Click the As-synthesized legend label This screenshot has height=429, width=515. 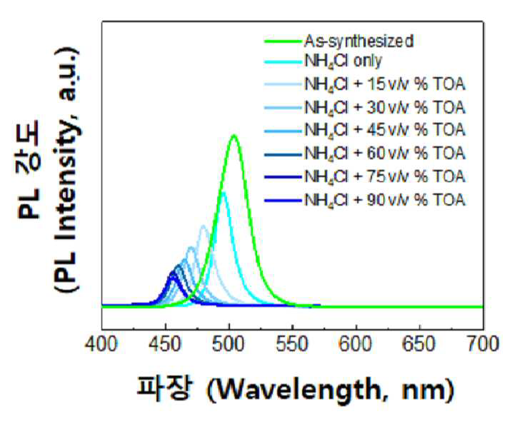point(359,41)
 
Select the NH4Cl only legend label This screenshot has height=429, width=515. point(344,61)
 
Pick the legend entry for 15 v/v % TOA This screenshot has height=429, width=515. point(385,84)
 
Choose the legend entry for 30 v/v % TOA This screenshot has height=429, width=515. point(385,108)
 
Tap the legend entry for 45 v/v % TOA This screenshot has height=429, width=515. point(385,130)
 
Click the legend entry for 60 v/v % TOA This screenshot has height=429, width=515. point(385,153)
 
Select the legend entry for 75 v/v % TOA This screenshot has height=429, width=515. point(385,176)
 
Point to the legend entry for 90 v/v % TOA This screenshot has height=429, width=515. point(385,200)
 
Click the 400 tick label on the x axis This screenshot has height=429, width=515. point(101,345)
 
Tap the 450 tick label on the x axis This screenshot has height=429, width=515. point(165,345)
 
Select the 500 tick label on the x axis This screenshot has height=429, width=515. point(229,345)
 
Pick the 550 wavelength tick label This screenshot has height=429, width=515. point(292,345)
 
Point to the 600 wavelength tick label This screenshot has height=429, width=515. point(356,345)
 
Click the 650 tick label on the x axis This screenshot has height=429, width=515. point(420,345)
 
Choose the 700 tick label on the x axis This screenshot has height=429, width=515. point(483,345)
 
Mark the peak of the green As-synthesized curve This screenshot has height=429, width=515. point(234,135)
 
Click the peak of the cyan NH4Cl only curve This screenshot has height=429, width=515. point(224,193)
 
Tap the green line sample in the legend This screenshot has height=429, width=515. point(283,41)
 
